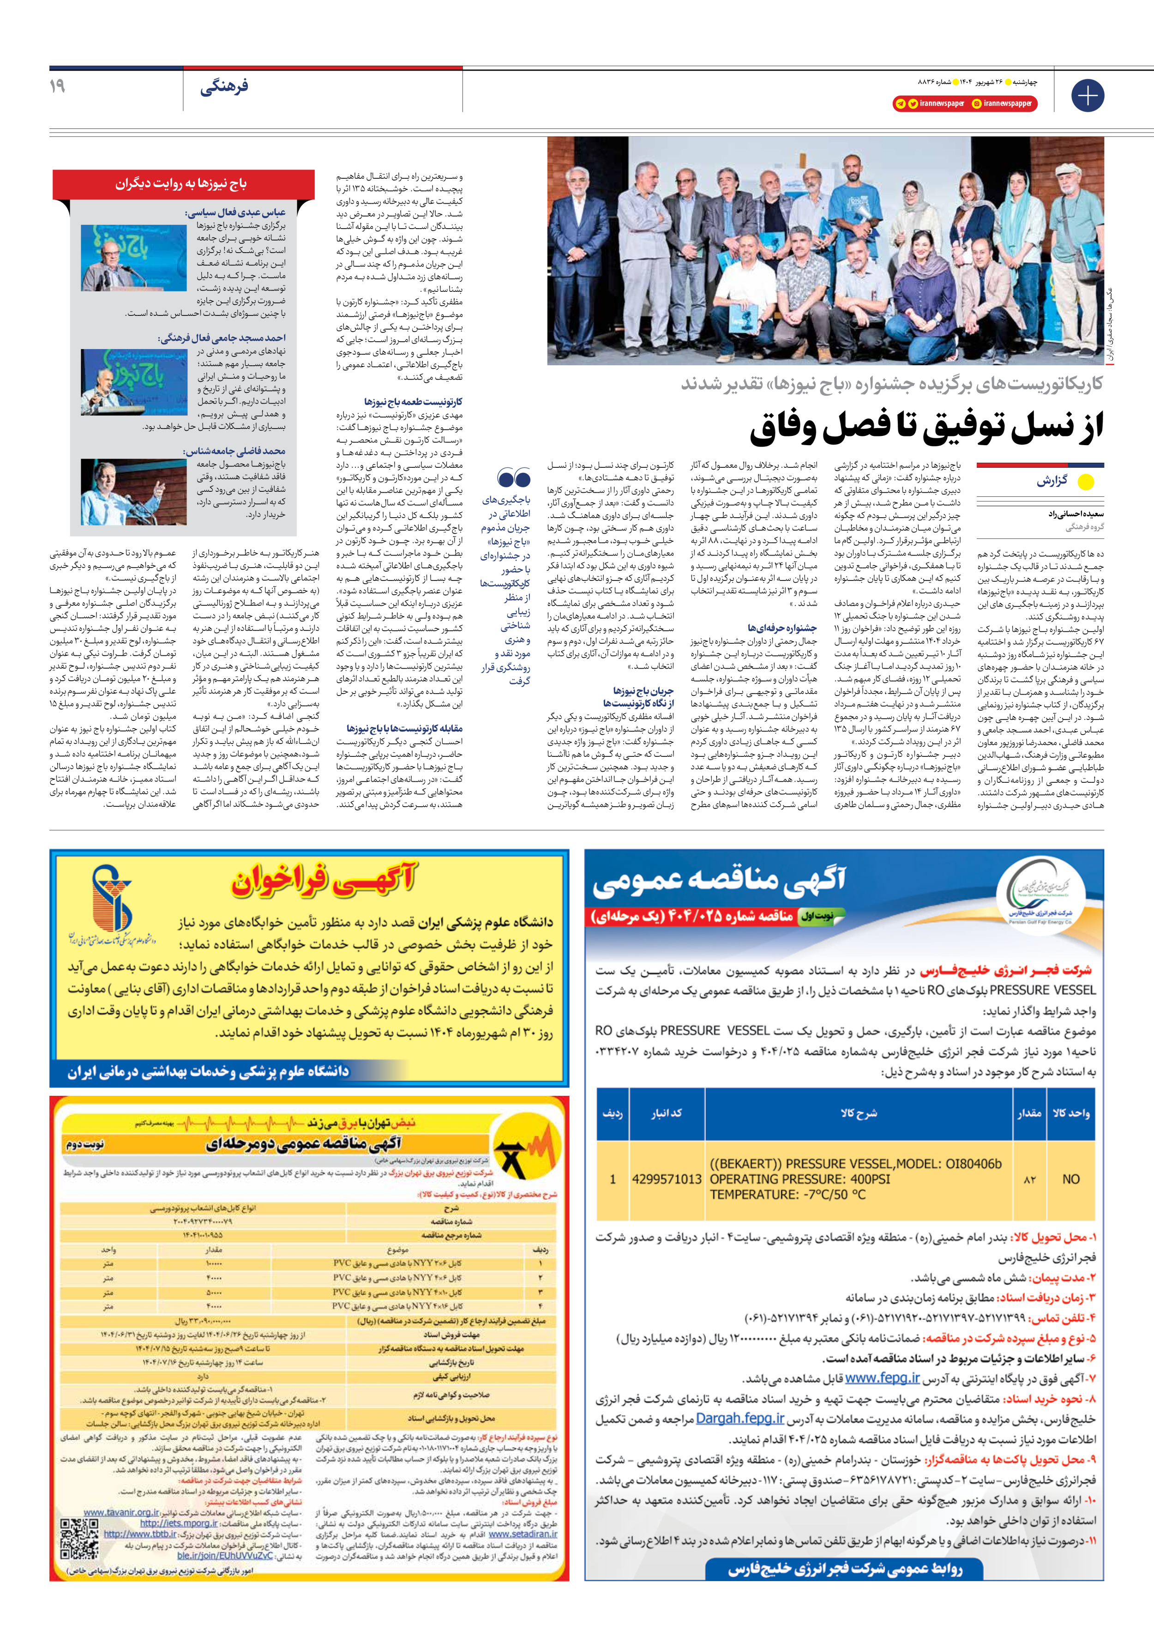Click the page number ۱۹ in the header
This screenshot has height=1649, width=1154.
click(x=57, y=86)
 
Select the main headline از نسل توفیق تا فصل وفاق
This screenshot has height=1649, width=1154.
click(x=926, y=428)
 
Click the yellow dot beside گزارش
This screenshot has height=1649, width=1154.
click(x=1086, y=482)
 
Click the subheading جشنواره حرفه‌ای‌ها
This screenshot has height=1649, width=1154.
click(x=782, y=628)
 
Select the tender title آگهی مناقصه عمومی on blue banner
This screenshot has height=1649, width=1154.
click(x=719, y=882)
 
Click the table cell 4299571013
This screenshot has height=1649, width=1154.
click(x=667, y=1179)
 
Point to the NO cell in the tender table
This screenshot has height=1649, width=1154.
click(x=1071, y=1179)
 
